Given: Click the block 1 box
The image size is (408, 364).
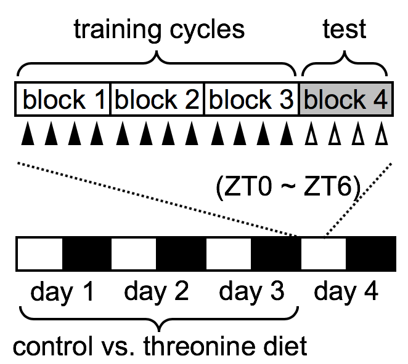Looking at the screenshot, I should click(x=63, y=99).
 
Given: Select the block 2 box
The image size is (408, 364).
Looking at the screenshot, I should click(x=157, y=99).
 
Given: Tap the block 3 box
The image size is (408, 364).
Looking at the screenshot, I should click(x=251, y=99).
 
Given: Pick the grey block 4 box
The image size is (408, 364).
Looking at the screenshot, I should click(x=345, y=99).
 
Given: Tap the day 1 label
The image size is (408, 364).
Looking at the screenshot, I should click(x=63, y=291).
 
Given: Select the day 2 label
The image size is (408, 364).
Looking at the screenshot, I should click(x=157, y=291).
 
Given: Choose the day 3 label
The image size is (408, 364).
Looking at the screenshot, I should click(x=251, y=291).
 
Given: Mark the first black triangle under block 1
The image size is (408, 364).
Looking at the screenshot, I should click(x=27, y=134).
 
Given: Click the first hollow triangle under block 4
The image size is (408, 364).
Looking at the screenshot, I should click(x=311, y=134).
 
